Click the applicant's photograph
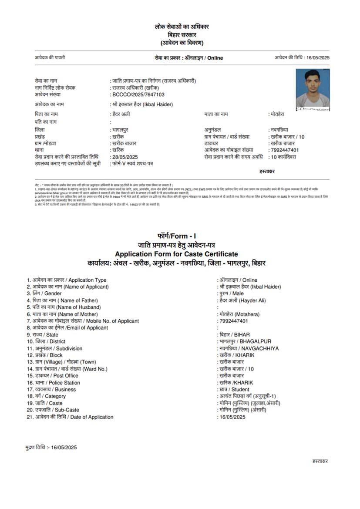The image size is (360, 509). [x=313, y=89]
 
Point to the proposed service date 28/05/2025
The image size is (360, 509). [x=125, y=157]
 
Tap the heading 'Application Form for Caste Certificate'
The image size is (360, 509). [x=176, y=254]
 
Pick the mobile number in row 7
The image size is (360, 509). [x=234, y=321]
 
